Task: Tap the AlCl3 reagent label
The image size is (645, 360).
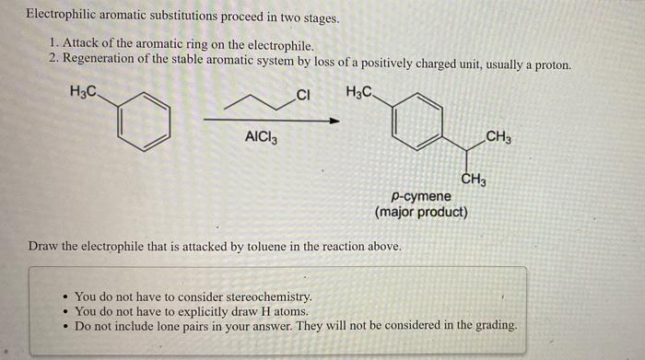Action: click(261, 138)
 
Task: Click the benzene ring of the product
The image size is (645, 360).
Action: click(416, 123)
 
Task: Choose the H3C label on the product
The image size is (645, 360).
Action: click(360, 92)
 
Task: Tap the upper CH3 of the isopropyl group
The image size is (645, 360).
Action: click(498, 138)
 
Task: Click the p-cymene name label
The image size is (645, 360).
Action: click(421, 196)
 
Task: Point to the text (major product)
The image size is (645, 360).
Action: click(421, 212)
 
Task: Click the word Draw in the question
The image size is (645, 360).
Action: click(43, 246)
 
